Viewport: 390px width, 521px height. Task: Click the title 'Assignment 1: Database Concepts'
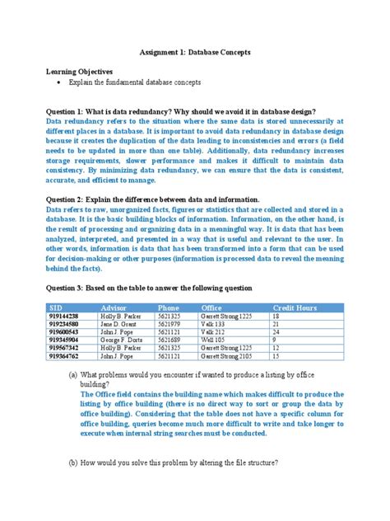[194, 52]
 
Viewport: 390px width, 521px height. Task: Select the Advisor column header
[114, 307]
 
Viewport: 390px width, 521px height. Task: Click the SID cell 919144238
[64, 317]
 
